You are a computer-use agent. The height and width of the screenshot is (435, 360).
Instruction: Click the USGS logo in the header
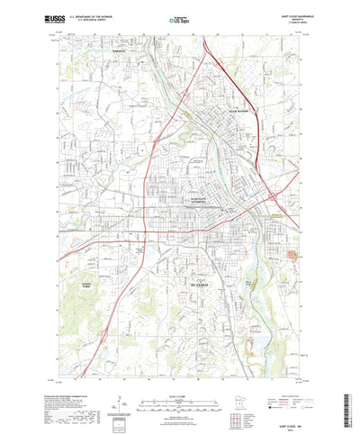[53, 17]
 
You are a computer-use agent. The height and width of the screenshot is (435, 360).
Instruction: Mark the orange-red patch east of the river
[292, 255]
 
